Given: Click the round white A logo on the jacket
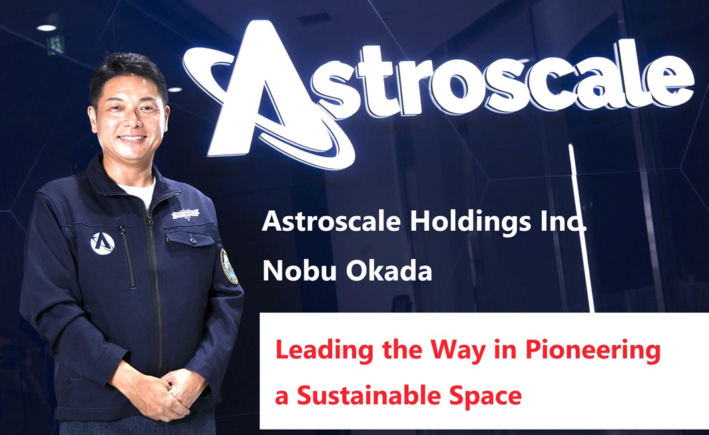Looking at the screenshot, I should tap(103, 243).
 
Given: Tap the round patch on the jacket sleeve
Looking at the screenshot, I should tap(229, 266).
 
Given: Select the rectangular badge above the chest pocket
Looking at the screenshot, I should tap(184, 215).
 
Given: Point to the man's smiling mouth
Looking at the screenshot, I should tap(132, 139).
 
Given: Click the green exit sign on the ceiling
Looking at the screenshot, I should tap(55, 44).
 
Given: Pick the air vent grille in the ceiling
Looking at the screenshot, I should tap(314, 19).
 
